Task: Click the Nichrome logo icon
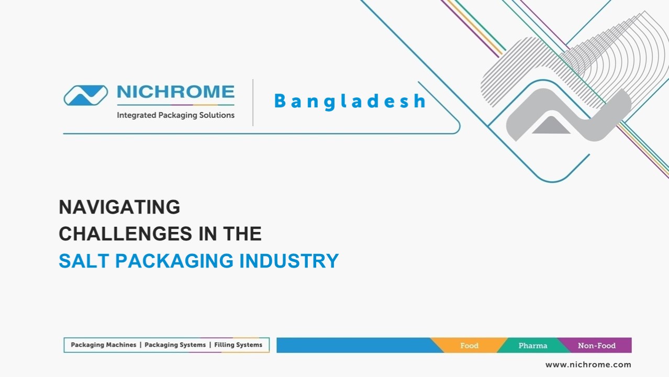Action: tap(85, 95)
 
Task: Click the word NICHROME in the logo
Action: tap(175, 92)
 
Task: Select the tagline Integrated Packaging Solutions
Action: tap(175, 115)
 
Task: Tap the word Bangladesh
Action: tap(350, 101)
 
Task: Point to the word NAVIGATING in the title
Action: tap(119, 207)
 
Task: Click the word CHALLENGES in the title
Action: tap(125, 234)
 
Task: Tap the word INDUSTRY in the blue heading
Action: tap(289, 261)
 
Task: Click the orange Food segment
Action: tap(469, 346)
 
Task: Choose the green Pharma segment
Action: tap(532, 346)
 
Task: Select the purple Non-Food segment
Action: tap(597, 346)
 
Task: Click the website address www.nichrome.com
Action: tap(588, 364)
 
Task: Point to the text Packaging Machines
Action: tap(103, 345)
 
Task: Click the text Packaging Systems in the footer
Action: tap(175, 345)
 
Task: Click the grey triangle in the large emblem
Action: tap(551, 126)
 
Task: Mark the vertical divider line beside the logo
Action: tap(253, 103)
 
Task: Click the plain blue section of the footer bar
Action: tap(353, 346)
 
